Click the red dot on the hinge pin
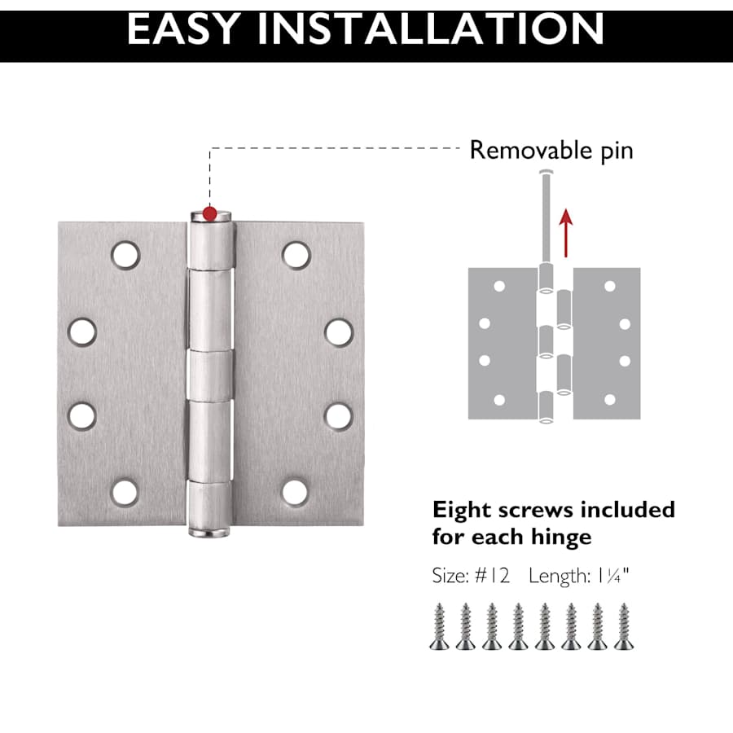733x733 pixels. (x=210, y=213)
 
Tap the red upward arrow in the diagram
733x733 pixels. (x=566, y=233)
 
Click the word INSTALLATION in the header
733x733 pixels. (x=431, y=29)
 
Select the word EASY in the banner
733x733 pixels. (x=184, y=29)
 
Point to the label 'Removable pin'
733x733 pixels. (x=551, y=151)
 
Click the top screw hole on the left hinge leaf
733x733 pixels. (x=125, y=255)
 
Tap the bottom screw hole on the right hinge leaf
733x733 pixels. (x=296, y=493)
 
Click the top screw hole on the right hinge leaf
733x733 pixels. (x=296, y=255)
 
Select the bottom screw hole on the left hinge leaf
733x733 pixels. (x=125, y=493)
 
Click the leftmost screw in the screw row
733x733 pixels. (x=440, y=626)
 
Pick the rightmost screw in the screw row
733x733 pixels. (x=624, y=626)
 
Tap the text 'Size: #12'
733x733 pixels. (x=471, y=576)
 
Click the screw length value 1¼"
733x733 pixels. (x=612, y=576)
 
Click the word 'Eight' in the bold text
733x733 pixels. (x=462, y=510)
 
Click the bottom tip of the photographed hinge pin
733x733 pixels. (x=209, y=534)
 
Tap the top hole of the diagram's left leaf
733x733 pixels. (x=499, y=286)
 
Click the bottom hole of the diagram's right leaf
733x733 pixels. (x=609, y=399)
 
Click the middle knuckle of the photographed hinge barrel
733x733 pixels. (x=210, y=375)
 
